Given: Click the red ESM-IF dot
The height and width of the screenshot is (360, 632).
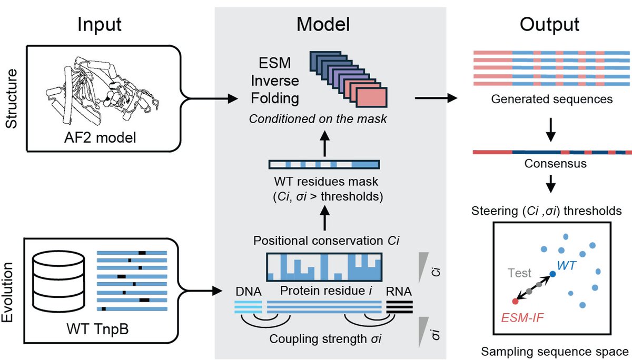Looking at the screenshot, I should click(x=515, y=301).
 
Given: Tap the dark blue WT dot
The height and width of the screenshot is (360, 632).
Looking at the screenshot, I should click(x=552, y=274).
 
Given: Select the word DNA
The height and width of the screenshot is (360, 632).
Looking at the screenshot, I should click(x=248, y=291).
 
